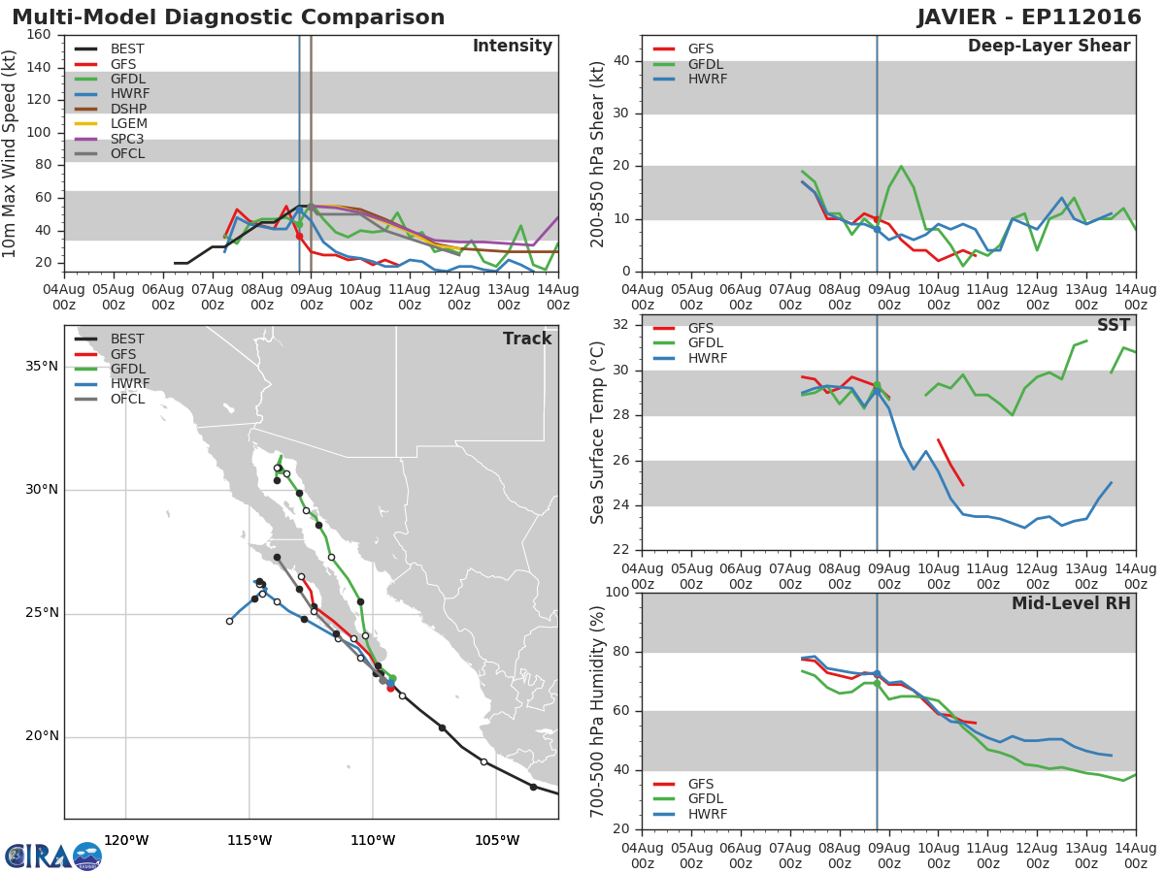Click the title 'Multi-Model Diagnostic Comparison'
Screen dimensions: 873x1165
228,17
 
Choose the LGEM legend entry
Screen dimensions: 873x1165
128,124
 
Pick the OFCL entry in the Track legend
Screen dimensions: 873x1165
127,399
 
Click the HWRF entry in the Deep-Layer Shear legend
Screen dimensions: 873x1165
707,79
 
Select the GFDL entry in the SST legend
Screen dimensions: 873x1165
707,343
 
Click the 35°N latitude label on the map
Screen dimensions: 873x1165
42,367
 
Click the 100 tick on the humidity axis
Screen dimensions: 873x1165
617,593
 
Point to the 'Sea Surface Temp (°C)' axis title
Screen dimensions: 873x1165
598,432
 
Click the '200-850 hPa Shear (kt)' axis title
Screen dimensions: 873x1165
598,153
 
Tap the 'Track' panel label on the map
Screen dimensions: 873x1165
527,339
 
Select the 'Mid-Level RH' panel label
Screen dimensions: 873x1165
1071,603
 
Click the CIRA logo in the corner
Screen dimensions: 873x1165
53,856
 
